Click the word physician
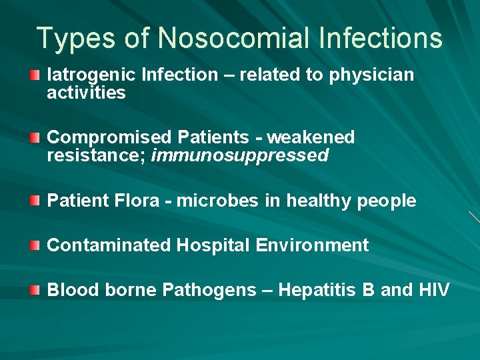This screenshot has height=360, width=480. pos(371,75)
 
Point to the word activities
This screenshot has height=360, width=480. pos(86,93)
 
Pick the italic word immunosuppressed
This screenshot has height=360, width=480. pos(240,156)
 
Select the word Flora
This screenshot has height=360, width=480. pos(129,201)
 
